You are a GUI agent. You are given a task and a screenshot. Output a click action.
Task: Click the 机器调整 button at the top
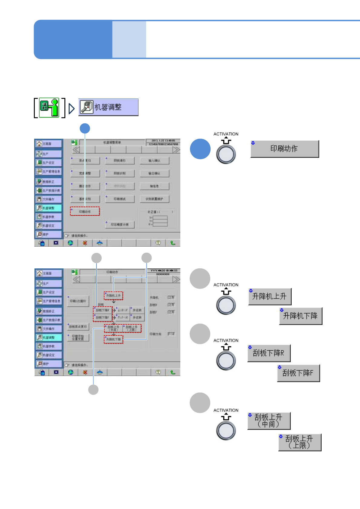tap(108, 107)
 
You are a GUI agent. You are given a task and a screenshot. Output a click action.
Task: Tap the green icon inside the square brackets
tap(49, 107)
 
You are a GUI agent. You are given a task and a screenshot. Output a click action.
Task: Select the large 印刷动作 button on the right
tap(284, 149)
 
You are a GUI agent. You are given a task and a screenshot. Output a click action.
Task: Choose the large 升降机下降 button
tap(300, 316)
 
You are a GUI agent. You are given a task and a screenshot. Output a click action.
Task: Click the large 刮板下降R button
tap(269, 353)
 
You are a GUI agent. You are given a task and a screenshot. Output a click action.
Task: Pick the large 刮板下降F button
tap(298, 373)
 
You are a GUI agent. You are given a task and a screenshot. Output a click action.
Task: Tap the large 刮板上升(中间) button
tap(269, 421)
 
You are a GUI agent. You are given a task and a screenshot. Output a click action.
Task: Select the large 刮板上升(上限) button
tap(299, 442)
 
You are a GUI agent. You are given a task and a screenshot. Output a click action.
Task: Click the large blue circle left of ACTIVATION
tap(200, 149)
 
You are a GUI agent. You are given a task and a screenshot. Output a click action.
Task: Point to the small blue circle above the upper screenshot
tap(85, 128)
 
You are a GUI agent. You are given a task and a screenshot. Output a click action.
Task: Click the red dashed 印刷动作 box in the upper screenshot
tap(85, 211)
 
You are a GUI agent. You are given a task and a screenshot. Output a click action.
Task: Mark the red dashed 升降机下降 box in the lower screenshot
tap(113, 339)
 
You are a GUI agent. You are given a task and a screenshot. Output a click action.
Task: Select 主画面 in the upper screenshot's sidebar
tap(48, 144)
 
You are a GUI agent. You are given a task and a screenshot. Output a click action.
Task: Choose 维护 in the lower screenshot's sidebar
tap(48, 364)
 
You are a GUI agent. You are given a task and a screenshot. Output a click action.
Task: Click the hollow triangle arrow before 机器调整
tap(71, 109)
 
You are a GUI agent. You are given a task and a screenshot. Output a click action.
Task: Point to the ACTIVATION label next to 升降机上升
tap(226, 285)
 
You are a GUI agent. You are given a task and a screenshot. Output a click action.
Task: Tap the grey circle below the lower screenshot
tap(93, 390)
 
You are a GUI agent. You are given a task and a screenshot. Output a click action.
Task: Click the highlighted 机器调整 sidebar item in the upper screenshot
tap(48, 208)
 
